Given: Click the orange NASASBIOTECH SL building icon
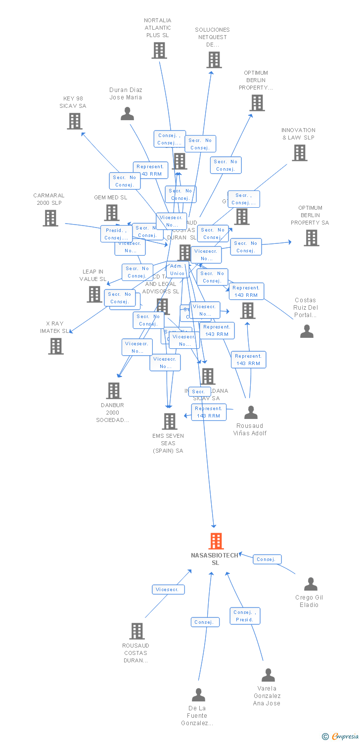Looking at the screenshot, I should click(216, 541).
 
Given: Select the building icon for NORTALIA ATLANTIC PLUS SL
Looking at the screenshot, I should click(159, 50).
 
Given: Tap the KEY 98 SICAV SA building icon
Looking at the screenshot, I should click(75, 121).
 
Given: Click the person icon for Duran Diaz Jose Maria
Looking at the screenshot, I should click(127, 114).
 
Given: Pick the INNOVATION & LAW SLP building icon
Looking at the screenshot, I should click(299, 153).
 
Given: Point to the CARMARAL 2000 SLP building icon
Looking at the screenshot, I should click(50, 218).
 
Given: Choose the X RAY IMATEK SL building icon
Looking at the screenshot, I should click(56, 346).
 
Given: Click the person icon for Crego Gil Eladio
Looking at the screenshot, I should click(311, 584).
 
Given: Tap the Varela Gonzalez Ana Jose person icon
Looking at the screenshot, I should click(268, 675).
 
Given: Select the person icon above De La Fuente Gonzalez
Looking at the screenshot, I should click(198, 695).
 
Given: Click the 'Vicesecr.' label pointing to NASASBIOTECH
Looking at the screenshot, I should click(168, 590).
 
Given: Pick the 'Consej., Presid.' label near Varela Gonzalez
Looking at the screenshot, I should click(245, 616).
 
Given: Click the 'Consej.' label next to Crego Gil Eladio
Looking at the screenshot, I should click(267, 559).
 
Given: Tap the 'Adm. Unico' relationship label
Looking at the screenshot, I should click(177, 270).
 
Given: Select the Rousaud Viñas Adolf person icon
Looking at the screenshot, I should click(251, 412).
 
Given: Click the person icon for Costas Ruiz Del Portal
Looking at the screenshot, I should click(307, 331).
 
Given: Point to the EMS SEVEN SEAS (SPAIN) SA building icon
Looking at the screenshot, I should click(170, 421).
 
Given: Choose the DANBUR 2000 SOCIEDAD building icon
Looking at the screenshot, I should click(114, 391).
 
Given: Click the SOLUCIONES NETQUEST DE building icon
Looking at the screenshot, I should click(214, 60).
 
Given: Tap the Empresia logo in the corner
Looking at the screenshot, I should click(341, 737).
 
